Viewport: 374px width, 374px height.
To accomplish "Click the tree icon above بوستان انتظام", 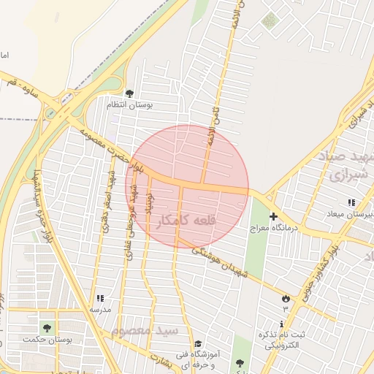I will pos(129,93).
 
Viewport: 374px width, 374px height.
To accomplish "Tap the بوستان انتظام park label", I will pos(129,106).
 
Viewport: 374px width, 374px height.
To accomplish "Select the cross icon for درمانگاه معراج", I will pos(274,216).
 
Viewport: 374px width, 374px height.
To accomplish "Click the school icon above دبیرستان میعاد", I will pos(351,202).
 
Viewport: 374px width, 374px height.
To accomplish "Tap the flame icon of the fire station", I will pos(285,298).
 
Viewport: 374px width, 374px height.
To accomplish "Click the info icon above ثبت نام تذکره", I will pos(282,324).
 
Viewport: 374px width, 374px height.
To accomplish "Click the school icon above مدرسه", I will pos(100,298).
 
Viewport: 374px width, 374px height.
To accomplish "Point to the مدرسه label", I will pos(100,310).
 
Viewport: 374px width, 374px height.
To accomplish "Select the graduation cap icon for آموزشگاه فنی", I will pos(198,344).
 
